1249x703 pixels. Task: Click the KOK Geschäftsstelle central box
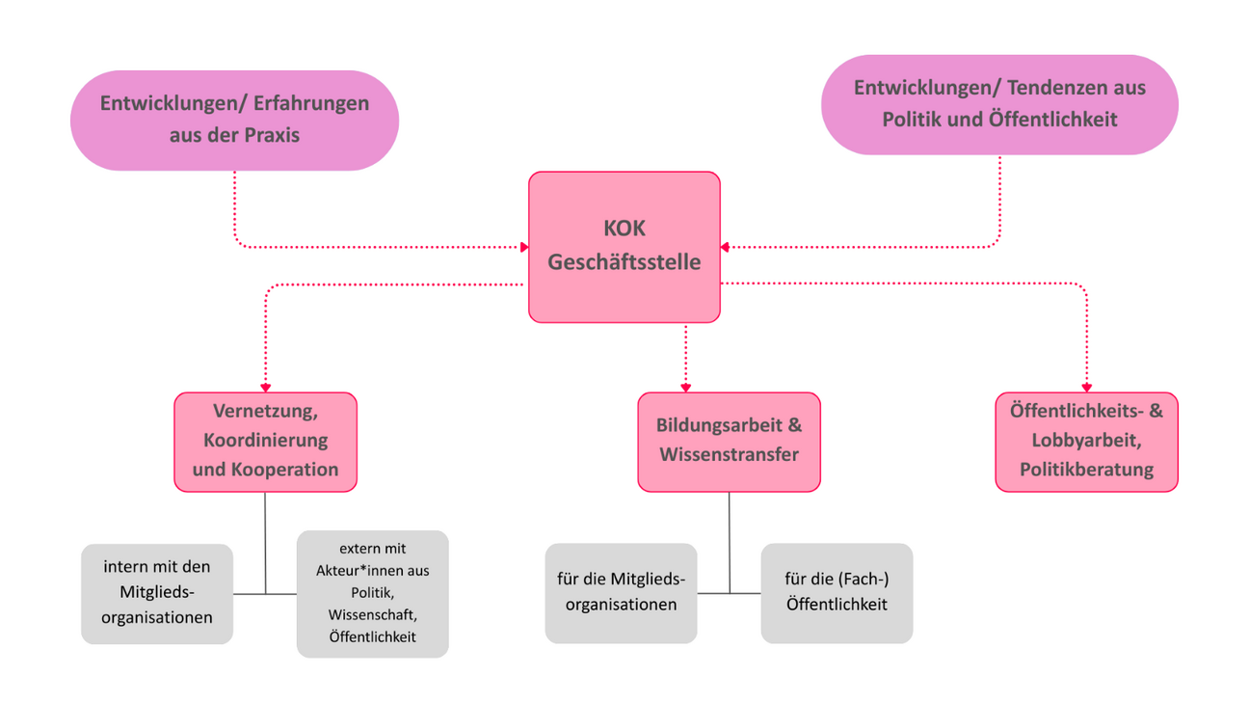[x=624, y=247]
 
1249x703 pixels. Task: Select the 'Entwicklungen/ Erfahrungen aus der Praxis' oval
[x=234, y=120]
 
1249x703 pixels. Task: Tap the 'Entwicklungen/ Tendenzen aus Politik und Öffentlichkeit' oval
[x=999, y=104]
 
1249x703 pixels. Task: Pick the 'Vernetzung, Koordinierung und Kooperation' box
[x=265, y=441]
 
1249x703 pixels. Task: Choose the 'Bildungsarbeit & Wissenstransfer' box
[x=729, y=441]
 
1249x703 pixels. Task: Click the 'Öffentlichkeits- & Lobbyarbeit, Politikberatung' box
[x=1086, y=441]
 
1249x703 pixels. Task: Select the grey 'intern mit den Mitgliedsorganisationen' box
[x=157, y=593]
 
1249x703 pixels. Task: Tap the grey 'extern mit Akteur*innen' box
[x=372, y=593]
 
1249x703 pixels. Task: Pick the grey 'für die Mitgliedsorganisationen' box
[x=621, y=593]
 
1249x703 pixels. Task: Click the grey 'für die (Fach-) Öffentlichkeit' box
[x=837, y=593]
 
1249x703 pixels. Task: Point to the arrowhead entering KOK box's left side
[x=524, y=247]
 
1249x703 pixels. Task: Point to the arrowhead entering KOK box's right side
[x=725, y=247]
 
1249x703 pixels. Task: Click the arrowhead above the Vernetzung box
[x=265, y=387]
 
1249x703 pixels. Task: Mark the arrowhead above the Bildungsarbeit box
[x=686, y=387]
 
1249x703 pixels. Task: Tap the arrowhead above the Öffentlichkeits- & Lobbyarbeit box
[x=1086, y=387]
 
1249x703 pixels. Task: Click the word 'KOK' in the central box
[x=624, y=230]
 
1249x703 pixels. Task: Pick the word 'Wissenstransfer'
[x=729, y=454]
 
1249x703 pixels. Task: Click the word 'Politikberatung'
[x=1086, y=470]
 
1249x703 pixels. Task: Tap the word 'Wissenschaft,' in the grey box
[x=372, y=614]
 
